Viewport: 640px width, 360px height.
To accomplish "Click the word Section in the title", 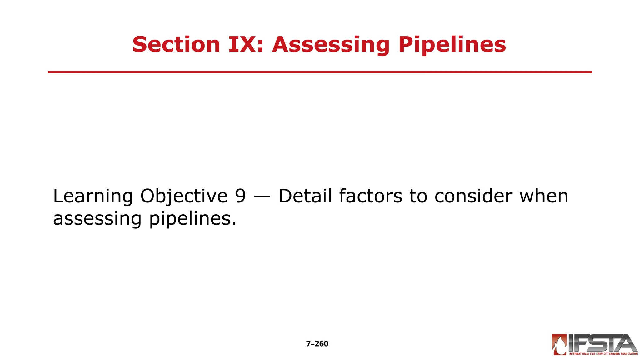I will click(x=176, y=44).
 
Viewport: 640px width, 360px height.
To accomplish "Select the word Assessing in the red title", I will click(x=331, y=45).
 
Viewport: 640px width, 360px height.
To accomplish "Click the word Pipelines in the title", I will click(x=452, y=45).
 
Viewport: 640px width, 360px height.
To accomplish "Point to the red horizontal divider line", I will click(x=320, y=72).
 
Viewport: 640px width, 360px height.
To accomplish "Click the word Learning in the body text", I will click(x=93, y=196).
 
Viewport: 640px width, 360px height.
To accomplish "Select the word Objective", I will click(x=184, y=196).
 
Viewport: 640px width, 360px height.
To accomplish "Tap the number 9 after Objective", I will click(x=240, y=196).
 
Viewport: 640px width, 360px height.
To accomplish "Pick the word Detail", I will click(x=305, y=196).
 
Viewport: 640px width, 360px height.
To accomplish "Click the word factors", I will click(x=371, y=196).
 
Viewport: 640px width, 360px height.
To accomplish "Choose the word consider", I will click(x=473, y=196).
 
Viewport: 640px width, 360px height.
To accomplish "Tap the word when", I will click(x=544, y=196).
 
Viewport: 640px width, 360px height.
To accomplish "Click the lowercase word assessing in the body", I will click(x=97, y=219).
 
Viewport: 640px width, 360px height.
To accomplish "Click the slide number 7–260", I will click(x=317, y=344).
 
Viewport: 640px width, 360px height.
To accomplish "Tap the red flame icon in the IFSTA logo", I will click(x=559, y=345).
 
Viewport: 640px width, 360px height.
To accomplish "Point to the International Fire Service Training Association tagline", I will click(x=603, y=354).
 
